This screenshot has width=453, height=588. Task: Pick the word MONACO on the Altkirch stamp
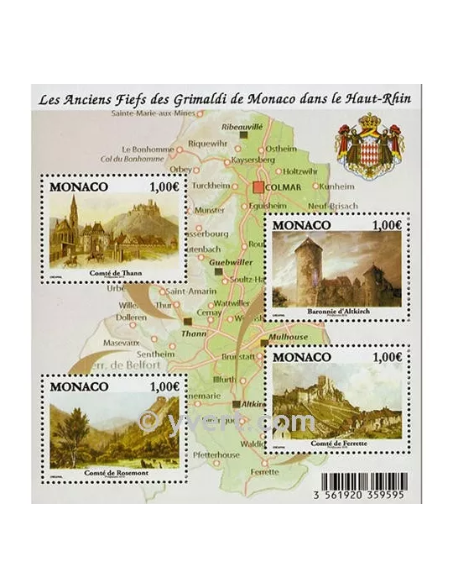(299, 227)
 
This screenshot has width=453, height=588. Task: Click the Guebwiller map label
(231, 262)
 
